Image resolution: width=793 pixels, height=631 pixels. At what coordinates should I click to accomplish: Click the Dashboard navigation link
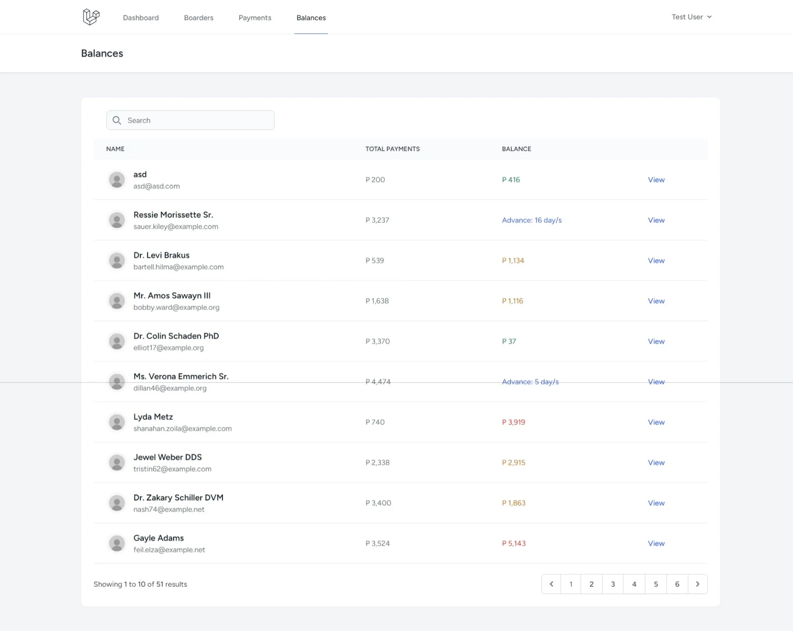point(141,18)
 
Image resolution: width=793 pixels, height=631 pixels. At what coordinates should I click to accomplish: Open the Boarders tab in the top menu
point(199,18)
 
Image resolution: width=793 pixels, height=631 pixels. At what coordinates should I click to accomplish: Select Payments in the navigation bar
point(255,18)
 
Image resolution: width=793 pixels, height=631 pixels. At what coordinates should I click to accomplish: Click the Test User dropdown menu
point(691,17)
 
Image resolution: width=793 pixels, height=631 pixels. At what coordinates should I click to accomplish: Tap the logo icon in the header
point(91,17)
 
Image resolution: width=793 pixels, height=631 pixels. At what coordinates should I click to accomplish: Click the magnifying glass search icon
point(117,120)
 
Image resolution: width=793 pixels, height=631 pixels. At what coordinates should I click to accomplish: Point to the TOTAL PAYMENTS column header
point(392,149)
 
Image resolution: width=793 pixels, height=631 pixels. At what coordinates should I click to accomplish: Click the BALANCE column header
point(516,149)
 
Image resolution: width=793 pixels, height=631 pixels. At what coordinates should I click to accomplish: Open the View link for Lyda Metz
point(656,422)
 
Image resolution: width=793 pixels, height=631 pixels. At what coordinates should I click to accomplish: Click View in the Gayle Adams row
point(656,543)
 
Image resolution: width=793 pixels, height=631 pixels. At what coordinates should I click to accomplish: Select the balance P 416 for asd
point(511,180)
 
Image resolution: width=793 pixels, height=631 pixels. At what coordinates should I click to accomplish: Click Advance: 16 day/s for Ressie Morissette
point(531,220)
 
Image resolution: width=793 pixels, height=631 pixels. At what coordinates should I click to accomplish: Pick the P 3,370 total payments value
point(377,341)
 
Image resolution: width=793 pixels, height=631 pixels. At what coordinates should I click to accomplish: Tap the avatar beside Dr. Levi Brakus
point(117,261)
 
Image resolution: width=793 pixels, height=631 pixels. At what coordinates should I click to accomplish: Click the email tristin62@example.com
point(172,469)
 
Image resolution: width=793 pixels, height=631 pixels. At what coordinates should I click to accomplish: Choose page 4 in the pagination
point(634,584)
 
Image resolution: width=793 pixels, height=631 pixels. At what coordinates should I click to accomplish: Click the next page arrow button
point(697,584)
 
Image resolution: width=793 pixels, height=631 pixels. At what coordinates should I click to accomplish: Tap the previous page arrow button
point(551,584)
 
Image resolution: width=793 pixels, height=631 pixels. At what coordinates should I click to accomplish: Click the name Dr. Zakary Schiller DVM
point(178,497)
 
